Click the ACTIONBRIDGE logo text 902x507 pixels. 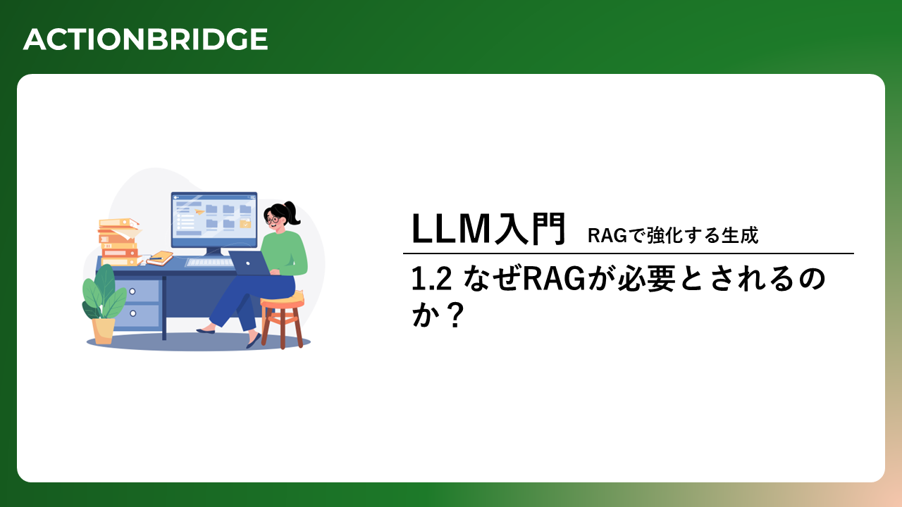145,39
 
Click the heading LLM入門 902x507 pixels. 489,229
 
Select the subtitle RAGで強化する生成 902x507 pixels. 673,235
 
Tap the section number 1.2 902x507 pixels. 431,280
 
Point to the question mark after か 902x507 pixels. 456,316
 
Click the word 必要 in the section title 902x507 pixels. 646,279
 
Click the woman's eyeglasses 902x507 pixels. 272,220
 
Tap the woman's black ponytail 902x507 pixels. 292,213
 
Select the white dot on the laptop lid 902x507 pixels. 248,263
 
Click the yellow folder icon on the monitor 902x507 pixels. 245,223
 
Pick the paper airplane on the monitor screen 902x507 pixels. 199,211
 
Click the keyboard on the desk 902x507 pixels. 209,263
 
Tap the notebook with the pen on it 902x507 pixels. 159,258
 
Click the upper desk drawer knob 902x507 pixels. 132,292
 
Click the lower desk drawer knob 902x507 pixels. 133,313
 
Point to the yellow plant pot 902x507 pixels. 103,331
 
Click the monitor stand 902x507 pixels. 214,252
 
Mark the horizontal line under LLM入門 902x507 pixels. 628,254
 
